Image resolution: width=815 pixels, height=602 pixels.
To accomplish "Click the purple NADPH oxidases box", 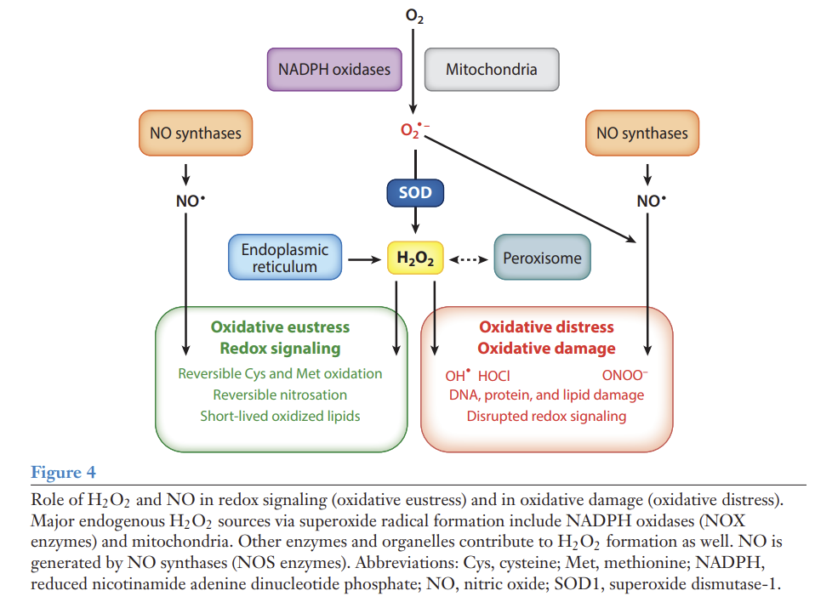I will click(x=334, y=69).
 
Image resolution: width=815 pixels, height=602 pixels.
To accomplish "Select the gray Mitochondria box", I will click(x=491, y=69).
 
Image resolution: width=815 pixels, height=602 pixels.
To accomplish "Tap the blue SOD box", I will click(x=415, y=193).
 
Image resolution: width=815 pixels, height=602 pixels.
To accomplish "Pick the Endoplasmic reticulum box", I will click(x=284, y=258).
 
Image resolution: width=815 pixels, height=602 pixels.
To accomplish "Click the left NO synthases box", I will click(x=195, y=133).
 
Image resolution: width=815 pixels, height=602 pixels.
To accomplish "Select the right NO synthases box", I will click(x=641, y=133).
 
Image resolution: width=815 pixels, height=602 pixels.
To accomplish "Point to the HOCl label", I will click(x=494, y=375).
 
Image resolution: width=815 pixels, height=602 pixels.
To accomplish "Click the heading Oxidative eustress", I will click(x=280, y=327).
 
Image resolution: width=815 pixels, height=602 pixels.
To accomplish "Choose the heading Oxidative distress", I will click(x=546, y=327).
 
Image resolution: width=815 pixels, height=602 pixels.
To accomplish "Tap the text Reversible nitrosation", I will click(x=280, y=395).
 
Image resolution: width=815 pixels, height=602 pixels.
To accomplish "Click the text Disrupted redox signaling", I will click(x=546, y=416).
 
